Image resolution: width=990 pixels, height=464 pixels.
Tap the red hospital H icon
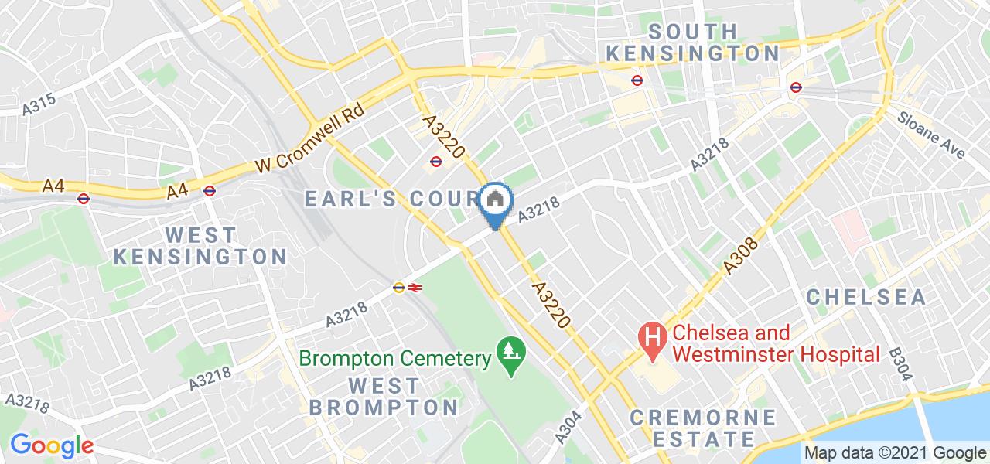pyautogui.click(x=652, y=336)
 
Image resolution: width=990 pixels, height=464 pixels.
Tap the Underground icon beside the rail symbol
pyautogui.click(x=399, y=288)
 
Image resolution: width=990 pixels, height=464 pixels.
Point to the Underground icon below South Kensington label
pyautogui.click(x=637, y=80)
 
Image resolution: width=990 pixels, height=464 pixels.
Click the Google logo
pyautogui.click(x=52, y=445)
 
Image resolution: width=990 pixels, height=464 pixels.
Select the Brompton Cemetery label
pyautogui.click(x=395, y=358)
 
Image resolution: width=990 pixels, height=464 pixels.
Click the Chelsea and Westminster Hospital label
pyautogui.click(x=776, y=344)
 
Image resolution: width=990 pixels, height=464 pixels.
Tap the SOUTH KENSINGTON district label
pyautogui.click(x=693, y=43)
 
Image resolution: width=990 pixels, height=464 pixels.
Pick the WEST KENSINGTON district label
pyautogui.click(x=200, y=245)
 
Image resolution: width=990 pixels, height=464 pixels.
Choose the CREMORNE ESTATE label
pyautogui.click(x=702, y=428)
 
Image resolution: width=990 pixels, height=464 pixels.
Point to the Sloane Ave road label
pyautogui.click(x=932, y=135)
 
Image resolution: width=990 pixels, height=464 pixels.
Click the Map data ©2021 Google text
pyautogui.click(x=895, y=453)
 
